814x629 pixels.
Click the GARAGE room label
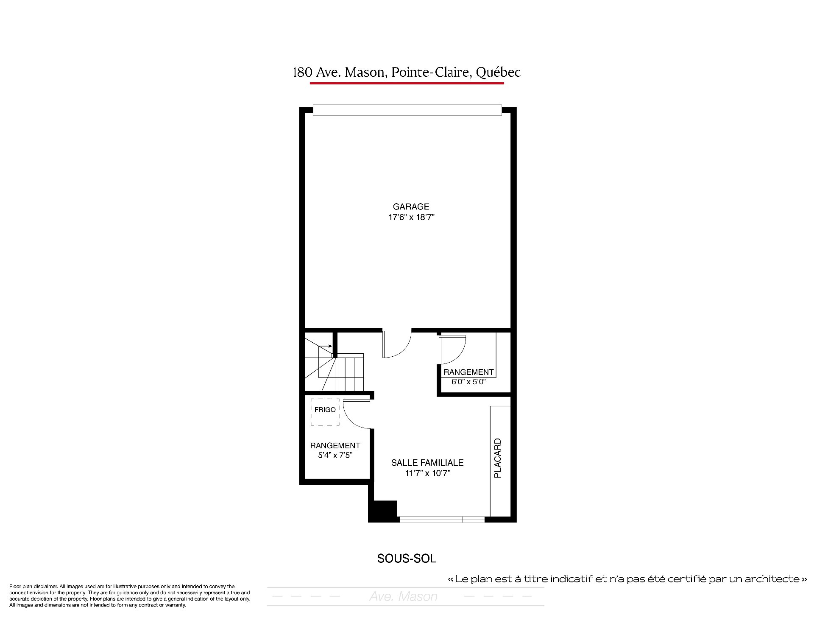click(x=411, y=207)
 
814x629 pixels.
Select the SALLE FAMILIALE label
click(x=427, y=463)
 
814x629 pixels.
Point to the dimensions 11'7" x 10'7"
click(x=427, y=473)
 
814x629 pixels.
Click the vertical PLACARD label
click(x=498, y=458)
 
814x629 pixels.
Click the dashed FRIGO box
click(x=325, y=411)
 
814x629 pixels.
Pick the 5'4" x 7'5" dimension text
click(x=335, y=456)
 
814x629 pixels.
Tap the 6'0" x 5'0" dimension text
click(x=468, y=381)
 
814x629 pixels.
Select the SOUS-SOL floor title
click(x=407, y=559)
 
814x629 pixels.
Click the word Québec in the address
click(x=498, y=73)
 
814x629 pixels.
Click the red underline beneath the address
click(x=407, y=83)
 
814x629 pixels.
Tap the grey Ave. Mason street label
click(x=403, y=596)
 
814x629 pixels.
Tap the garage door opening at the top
click(x=407, y=110)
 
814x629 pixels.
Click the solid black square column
click(x=382, y=511)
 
